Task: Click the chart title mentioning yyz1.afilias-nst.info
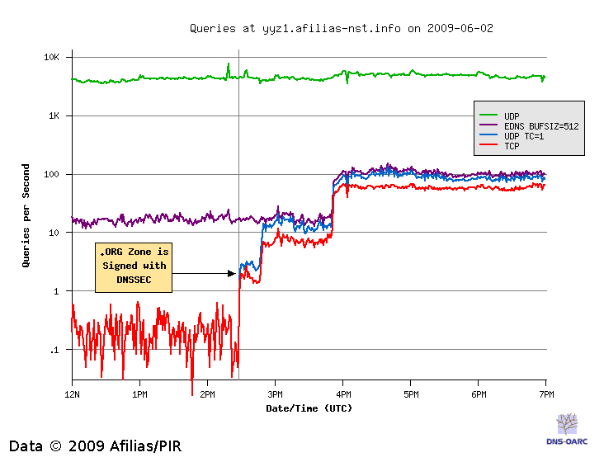tap(342, 28)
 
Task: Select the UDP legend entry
tap(512, 115)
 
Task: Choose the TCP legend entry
tap(512, 146)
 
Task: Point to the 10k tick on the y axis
tap(52, 58)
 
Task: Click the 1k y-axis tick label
tap(54, 116)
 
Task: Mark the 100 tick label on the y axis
tap(53, 175)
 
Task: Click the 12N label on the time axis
tap(72, 394)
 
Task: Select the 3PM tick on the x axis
tap(276, 394)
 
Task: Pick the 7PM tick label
tap(545, 394)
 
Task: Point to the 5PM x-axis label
tap(411, 394)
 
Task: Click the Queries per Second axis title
tap(27, 215)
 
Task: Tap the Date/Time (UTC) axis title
tap(309, 408)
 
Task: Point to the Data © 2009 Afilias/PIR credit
tap(95, 446)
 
